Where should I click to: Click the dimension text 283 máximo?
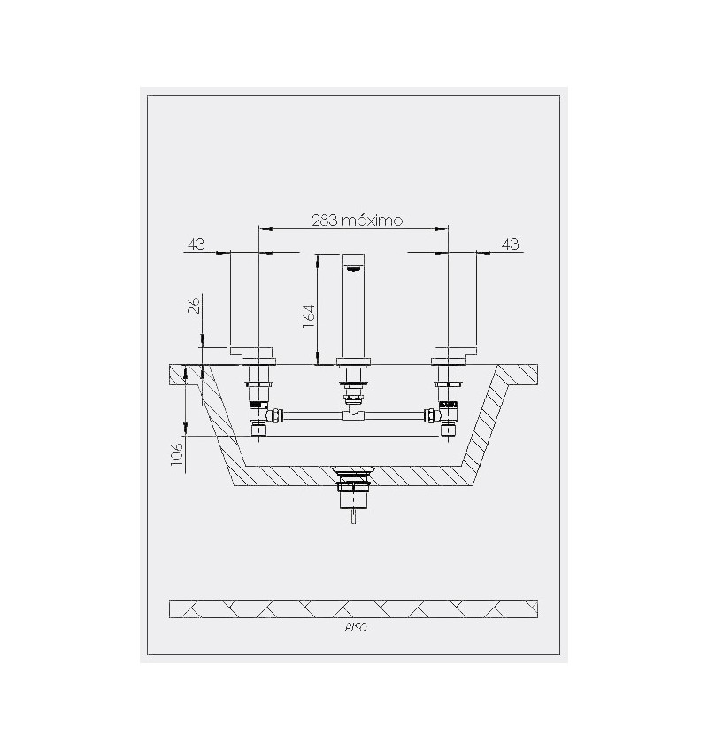358,220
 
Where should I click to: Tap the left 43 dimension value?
196,244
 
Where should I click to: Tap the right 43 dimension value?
511,244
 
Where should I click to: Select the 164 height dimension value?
309,316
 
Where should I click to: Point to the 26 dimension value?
194,305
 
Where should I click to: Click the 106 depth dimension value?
177,454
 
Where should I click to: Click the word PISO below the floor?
355,628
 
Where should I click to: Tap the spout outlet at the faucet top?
354,268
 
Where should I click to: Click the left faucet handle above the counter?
253,355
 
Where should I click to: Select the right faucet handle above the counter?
454,355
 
